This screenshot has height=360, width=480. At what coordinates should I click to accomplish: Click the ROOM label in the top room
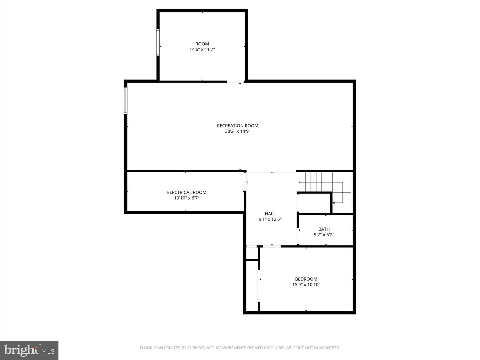(x=202, y=44)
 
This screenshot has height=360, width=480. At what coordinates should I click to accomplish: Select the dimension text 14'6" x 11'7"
(x=202, y=49)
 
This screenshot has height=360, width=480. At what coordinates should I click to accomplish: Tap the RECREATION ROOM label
(x=237, y=126)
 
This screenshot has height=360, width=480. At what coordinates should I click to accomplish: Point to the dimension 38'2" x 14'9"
(x=237, y=131)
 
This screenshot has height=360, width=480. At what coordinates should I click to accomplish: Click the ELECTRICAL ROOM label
(x=187, y=192)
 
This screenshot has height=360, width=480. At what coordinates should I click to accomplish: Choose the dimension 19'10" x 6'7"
(x=187, y=198)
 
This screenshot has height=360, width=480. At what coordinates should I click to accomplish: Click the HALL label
(x=270, y=214)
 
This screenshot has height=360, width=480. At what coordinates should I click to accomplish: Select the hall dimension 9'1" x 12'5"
(x=270, y=219)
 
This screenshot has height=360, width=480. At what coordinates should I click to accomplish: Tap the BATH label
(x=324, y=229)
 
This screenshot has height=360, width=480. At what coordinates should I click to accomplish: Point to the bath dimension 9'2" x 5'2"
(x=324, y=235)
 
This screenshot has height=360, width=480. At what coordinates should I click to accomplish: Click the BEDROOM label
(x=306, y=279)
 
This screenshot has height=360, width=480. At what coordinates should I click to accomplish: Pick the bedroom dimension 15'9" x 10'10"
(x=306, y=285)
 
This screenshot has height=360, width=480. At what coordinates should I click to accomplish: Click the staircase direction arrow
(x=334, y=202)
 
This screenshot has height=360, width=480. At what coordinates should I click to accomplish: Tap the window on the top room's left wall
(x=158, y=42)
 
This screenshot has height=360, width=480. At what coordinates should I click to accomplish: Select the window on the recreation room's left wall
(x=126, y=100)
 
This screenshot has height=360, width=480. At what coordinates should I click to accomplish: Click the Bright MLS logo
(x=29, y=350)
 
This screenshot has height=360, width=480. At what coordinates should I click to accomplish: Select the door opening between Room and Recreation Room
(x=236, y=82)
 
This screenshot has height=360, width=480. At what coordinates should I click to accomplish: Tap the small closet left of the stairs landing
(x=314, y=203)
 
